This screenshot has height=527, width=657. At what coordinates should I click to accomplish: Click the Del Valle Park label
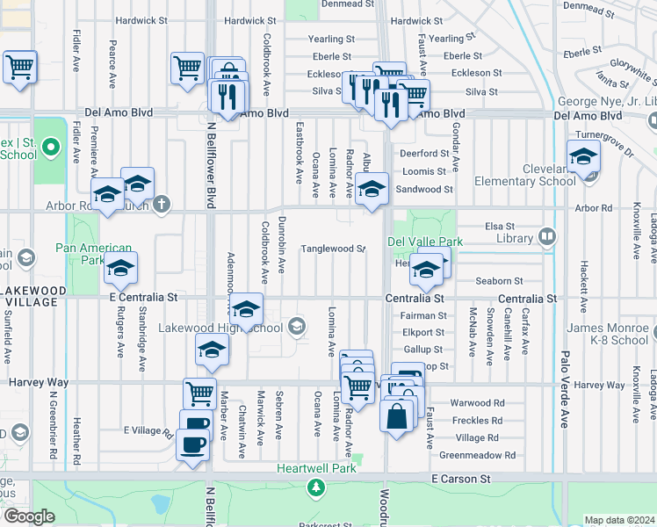[x=425, y=242]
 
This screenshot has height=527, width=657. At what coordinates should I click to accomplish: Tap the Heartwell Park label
[x=315, y=468]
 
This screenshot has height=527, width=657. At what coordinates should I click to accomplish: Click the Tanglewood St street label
[x=333, y=249]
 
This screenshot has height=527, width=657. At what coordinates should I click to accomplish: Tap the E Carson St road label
[x=461, y=479]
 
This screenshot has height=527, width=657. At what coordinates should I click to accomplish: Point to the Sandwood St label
[x=424, y=189]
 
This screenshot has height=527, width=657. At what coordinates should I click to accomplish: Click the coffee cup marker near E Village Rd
[x=192, y=443]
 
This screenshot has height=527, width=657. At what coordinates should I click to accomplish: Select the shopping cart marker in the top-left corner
[x=19, y=67]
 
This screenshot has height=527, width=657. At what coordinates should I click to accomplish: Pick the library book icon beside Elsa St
[x=546, y=235]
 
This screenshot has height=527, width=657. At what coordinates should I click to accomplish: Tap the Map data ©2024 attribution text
[x=619, y=520]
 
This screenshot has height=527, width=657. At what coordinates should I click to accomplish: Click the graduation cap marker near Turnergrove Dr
[x=581, y=158]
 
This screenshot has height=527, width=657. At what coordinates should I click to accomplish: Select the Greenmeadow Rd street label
[x=478, y=455]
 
